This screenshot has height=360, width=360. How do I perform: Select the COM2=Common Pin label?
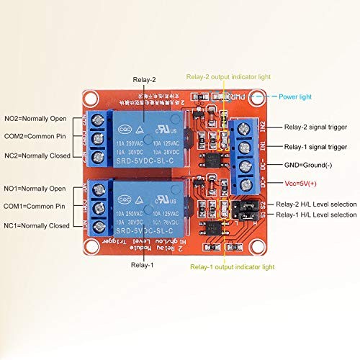tap(35, 137)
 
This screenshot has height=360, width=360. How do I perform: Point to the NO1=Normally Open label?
tap(35, 188)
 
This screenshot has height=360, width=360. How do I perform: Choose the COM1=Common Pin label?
tap(35, 207)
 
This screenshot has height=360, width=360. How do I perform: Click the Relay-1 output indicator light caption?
tap(232, 266)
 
